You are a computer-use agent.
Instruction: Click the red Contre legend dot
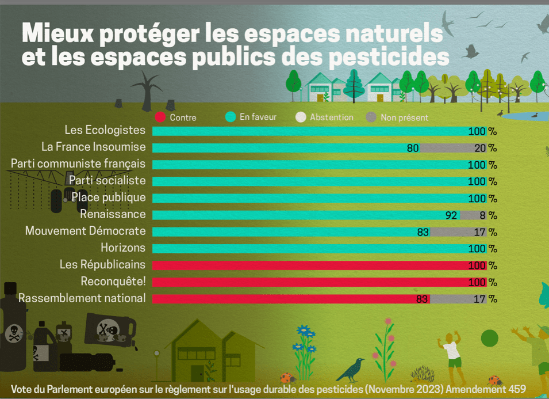(x=160, y=117)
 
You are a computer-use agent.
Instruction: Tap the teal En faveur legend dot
(x=231, y=117)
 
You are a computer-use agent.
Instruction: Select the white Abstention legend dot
(x=301, y=117)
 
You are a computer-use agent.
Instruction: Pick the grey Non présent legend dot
(x=371, y=117)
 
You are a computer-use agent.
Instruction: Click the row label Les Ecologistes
(x=105, y=130)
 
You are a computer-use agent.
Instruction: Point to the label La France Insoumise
(x=94, y=147)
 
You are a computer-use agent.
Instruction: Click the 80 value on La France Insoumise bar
(x=412, y=148)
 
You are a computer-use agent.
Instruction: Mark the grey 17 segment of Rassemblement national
(x=458, y=299)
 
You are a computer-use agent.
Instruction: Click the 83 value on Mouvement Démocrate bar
(x=423, y=232)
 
